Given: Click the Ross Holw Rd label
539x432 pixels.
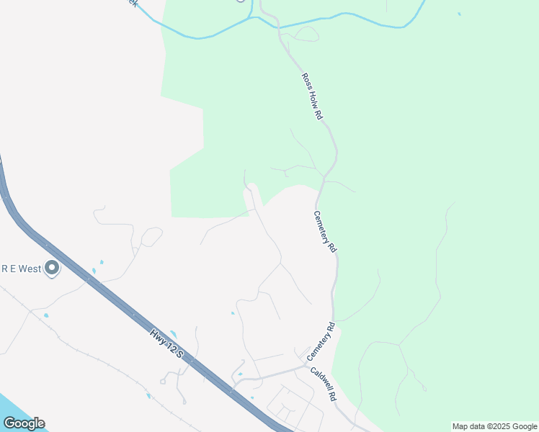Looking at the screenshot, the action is (x=311, y=95).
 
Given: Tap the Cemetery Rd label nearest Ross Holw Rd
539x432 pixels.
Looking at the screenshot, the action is (x=325, y=230).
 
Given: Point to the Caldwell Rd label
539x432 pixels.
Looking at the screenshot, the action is (x=324, y=385).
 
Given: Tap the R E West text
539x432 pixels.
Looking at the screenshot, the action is (x=20, y=269).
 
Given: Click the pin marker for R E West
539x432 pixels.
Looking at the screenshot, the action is (x=51, y=269).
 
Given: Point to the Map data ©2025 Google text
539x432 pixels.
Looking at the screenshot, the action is (x=494, y=426).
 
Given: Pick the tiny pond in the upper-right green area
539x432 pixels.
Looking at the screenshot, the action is (x=459, y=14).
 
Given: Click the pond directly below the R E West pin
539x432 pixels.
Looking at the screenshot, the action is (x=46, y=315).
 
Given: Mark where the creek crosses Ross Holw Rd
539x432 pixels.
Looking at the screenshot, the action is (x=279, y=27).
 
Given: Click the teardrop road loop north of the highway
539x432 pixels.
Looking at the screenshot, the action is (x=151, y=236).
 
